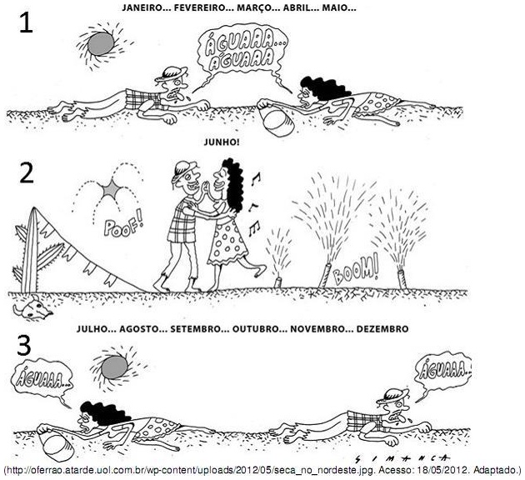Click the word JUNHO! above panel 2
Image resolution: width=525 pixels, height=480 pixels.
point(222,142)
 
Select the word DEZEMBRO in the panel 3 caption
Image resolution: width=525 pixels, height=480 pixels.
point(382,329)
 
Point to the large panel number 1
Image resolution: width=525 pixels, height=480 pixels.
point(26,22)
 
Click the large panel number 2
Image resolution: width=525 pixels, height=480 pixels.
point(27,173)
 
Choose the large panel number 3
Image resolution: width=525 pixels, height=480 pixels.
point(24,346)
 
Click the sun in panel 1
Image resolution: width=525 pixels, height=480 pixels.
point(101,43)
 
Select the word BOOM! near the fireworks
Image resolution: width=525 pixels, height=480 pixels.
point(356,270)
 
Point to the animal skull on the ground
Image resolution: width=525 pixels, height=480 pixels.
point(32,307)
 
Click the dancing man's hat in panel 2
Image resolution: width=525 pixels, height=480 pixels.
point(182,168)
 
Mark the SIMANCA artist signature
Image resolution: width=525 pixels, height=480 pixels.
point(402,458)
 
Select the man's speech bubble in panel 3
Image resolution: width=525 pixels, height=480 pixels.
point(442,372)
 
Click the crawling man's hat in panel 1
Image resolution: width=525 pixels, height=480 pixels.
point(171,73)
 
